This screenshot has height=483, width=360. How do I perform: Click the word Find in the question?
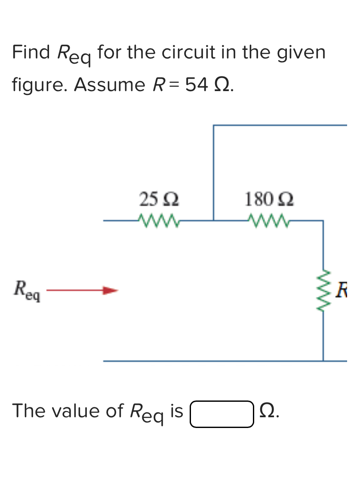click(x=31, y=52)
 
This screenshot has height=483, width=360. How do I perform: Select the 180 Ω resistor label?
click(x=269, y=199)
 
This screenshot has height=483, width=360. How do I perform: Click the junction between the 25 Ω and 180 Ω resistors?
click(x=214, y=220)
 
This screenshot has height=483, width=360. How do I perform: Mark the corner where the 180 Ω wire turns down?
click(x=323, y=221)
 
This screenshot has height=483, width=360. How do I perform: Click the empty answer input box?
click(x=222, y=414)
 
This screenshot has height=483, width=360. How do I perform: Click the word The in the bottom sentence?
click(x=28, y=411)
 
